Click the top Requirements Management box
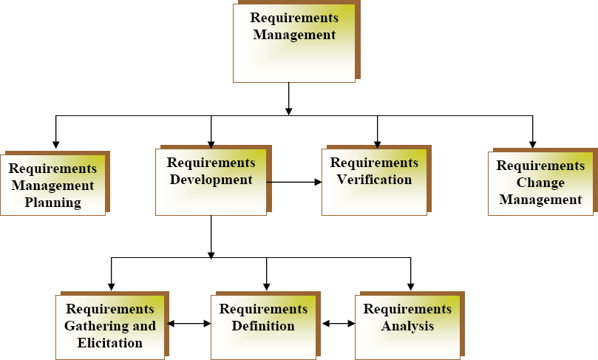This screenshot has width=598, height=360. (294, 43)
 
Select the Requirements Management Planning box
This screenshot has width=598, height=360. (52, 185)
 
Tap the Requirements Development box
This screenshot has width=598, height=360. (211, 182)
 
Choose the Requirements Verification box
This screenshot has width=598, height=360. (374, 182)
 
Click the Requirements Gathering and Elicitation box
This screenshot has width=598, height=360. (110, 326)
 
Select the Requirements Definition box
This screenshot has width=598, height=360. (263, 326)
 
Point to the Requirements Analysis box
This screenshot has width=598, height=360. (407, 326)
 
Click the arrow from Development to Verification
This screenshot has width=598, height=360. (294, 181)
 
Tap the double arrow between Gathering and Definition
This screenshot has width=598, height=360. (189, 323)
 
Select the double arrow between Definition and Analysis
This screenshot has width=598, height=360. (339, 323)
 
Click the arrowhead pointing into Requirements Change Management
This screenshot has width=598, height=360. (533, 143)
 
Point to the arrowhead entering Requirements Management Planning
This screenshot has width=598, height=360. (55, 143)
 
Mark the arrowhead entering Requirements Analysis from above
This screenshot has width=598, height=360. (410, 287)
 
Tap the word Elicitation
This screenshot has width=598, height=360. (110, 343)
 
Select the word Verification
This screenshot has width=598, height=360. (374, 180)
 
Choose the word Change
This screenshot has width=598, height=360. (540, 183)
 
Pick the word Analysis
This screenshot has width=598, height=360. (407, 326)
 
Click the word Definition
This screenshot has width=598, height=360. (263, 326)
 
